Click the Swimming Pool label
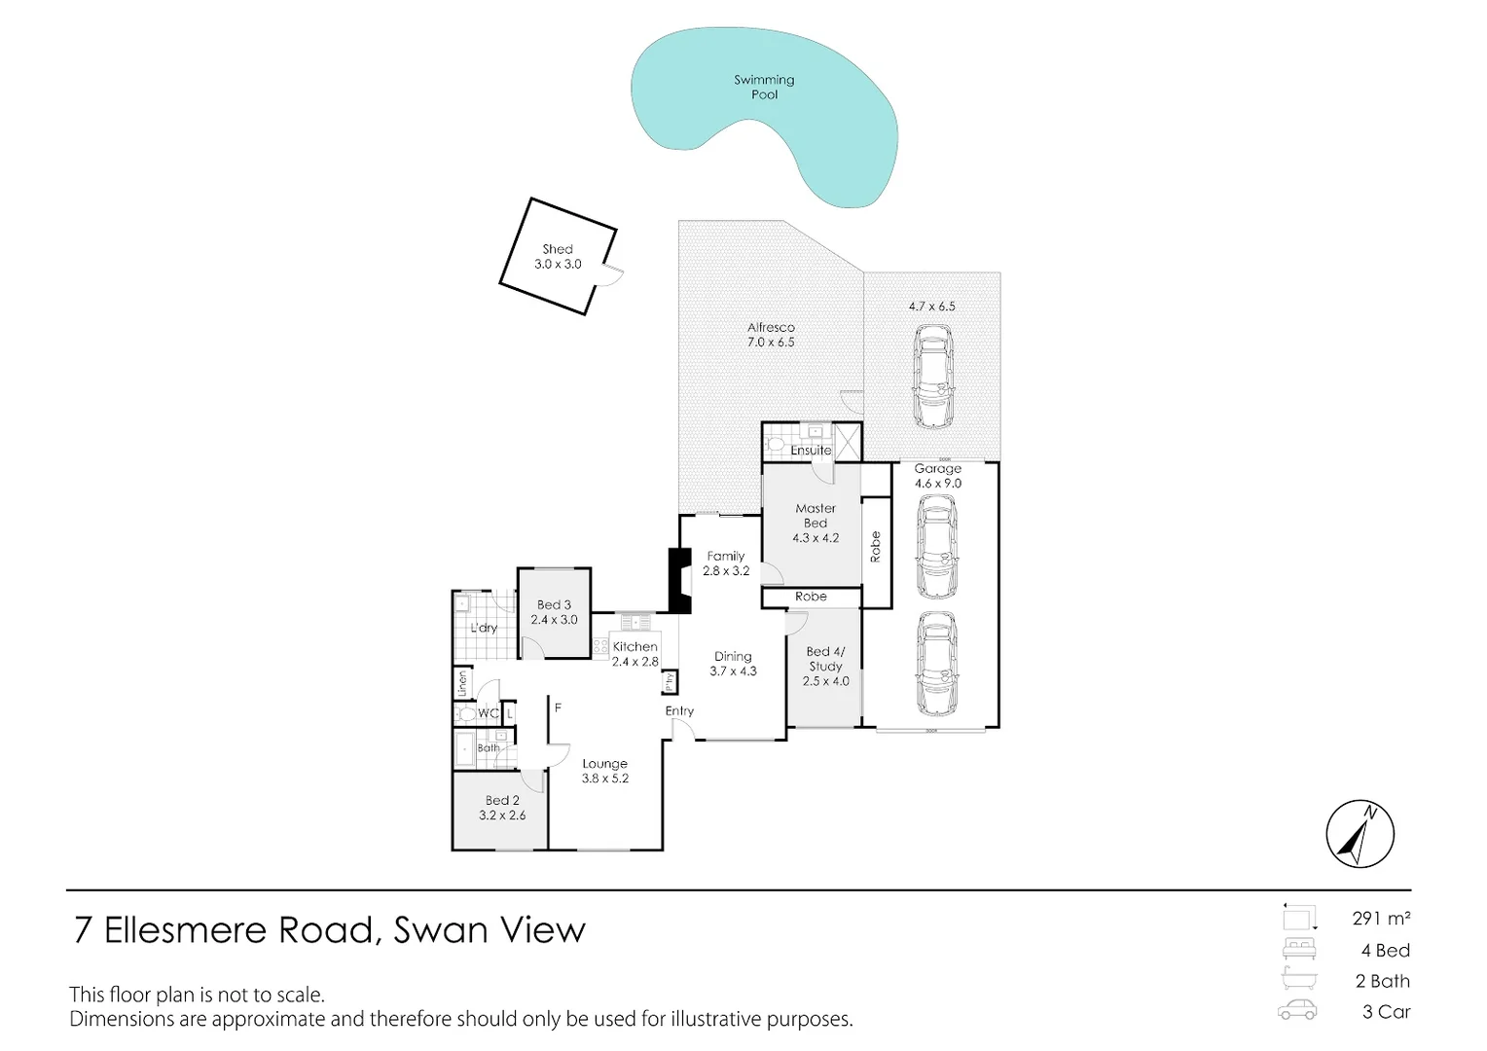coord(764,87)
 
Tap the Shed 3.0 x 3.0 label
coord(558,257)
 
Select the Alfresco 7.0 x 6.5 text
coord(771,335)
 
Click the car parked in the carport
coord(932,376)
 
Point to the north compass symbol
coord(1360,835)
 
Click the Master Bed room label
coord(816,523)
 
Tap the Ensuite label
coord(811,451)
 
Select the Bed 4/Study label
coord(825,666)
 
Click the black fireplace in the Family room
coord(678,581)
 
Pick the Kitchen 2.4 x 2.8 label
coord(635,654)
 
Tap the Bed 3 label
coord(554,612)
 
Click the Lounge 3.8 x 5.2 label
coord(604,771)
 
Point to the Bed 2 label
coord(502,808)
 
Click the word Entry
coord(679,711)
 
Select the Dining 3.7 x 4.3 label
coord(733,664)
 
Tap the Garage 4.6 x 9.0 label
coord(937,476)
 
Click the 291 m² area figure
coord(1381,918)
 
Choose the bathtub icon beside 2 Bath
coord(1298,979)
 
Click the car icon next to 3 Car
coord(1297,1010)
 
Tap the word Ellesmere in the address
coord(184,930)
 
